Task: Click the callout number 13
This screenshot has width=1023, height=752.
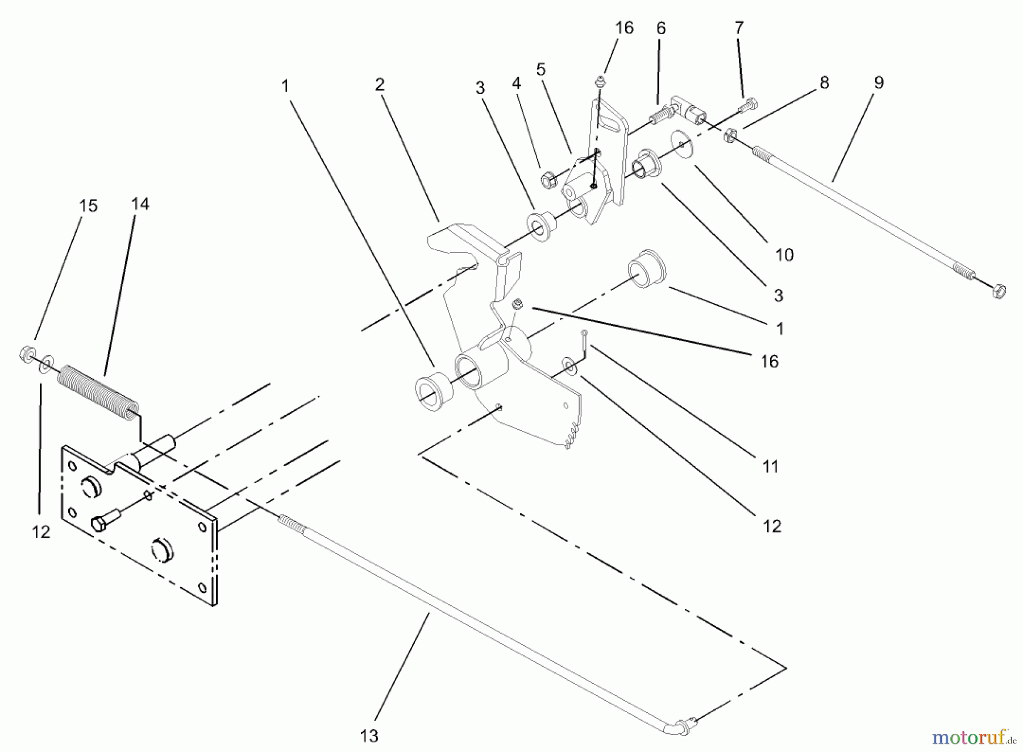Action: coord(369,736)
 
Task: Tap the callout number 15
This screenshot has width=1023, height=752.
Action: coord(89,206)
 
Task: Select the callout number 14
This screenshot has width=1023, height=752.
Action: coord(140,204)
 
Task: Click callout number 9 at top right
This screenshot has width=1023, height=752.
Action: coord(879,83)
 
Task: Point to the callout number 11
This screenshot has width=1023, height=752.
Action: coord(770,467)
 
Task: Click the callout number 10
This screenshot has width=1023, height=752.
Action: coord(784,255)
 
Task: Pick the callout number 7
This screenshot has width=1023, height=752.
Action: coord(739,28)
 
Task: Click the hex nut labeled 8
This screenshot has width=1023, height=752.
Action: coord(730,136)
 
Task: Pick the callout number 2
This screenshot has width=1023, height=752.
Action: coord(380,85)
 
